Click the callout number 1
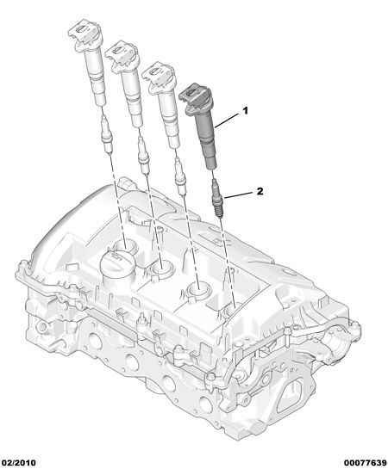246,111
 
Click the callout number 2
260,191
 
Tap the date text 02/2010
18,463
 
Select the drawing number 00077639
365,463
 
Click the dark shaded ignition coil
200,123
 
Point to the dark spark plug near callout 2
216,197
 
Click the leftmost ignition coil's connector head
85,34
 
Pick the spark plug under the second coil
142,155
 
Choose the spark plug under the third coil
179,176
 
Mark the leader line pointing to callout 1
228,120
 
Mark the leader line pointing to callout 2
240,195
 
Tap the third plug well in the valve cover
198,290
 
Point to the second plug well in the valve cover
163,268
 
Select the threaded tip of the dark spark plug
218,212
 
